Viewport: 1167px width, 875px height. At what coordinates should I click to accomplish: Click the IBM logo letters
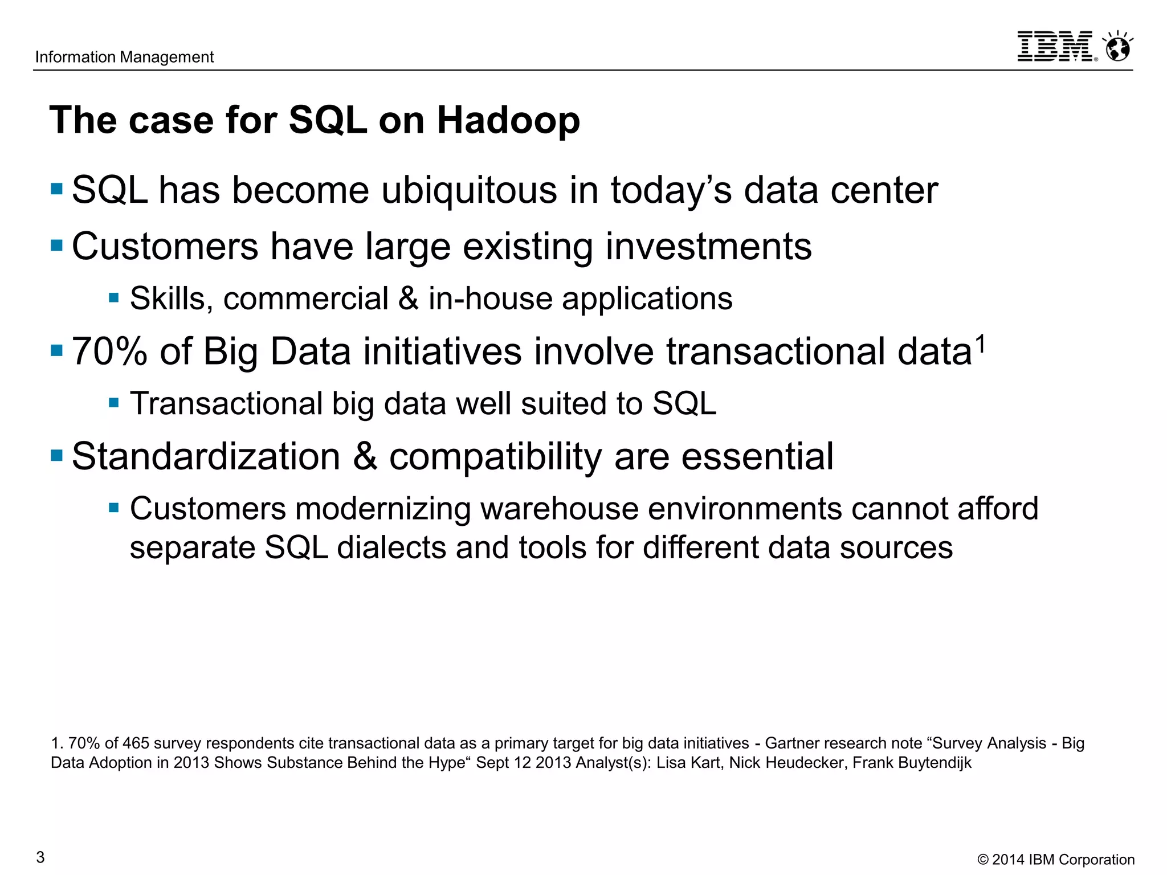tap(1055, 46)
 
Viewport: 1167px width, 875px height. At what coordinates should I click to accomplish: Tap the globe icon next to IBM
tap(1117, 47)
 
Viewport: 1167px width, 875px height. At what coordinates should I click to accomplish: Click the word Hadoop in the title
tap(508, 121)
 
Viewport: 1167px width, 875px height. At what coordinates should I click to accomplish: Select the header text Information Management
tap(124, 57)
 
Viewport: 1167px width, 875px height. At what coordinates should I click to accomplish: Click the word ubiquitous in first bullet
tap(469, 190)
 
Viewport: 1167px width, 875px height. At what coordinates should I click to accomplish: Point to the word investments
tap(708, 247)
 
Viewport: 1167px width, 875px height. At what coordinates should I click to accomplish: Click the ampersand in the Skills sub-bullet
tap(408, 299)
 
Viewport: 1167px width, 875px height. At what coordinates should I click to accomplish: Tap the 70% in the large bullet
tap(109, 351)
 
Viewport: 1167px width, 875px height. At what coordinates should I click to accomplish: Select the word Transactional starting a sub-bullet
tap(226, 403)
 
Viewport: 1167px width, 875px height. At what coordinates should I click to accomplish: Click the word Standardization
tap(206, 457)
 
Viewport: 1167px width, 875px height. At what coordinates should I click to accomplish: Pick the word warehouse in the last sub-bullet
tap(559, 509)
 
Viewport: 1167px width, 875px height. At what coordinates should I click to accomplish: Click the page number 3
tap(40, 857)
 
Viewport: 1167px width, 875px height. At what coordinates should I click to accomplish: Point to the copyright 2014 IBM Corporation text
tap(1056, 860)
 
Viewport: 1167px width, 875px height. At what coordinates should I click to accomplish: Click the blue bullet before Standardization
tap(56, 456)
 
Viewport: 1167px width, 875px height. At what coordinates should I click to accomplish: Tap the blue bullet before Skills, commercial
tap(114, 298)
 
